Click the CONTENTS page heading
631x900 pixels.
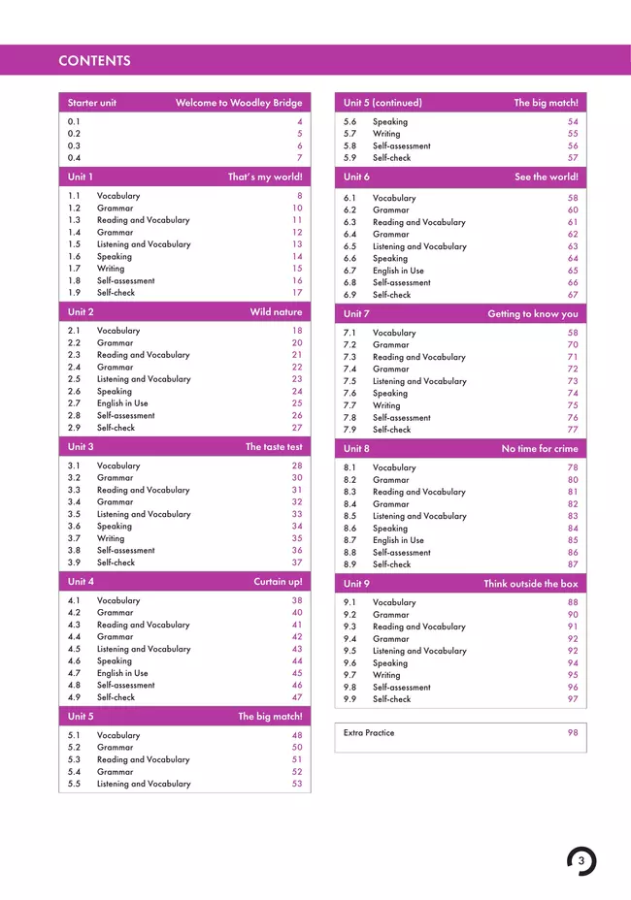point(94,61)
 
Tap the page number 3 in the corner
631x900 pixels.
point(581,860)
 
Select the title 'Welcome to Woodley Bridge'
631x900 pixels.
point(239,103)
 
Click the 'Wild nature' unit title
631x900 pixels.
point(276,312)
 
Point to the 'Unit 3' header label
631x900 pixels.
point(81,447)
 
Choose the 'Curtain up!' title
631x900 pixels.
point(278,582)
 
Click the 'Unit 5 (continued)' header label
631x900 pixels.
point(382,103)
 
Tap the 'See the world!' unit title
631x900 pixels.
point(546,177)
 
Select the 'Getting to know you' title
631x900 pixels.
point(532,314)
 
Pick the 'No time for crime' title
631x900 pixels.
point(539,449)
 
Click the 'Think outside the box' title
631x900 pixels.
point(530,584)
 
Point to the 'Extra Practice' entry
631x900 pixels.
point(369,733)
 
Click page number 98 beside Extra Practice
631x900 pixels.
point(573,733)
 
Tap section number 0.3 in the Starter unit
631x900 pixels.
point(74,145)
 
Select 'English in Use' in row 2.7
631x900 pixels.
point(122,403)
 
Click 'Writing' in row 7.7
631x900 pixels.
point(386,405)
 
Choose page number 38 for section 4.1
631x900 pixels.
point(297,601)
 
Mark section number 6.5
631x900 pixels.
point(350,246)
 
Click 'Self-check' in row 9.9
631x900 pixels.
point(391,699)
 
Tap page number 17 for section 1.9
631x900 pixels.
point(297,293)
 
